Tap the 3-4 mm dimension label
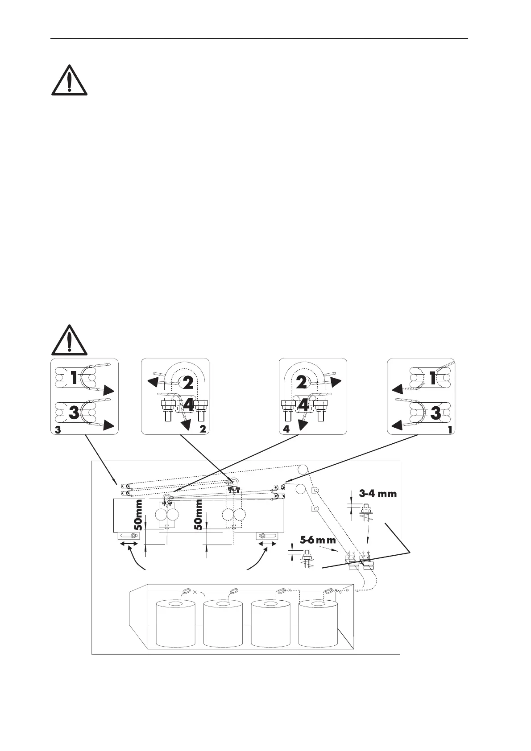coord(378,494)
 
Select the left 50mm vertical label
coord(139,514)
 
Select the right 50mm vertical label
coord(199,514)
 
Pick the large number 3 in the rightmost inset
coord(435,413)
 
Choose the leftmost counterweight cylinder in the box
coord(175,623)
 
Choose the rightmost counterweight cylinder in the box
coord(318,623)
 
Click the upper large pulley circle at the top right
coord(303,470)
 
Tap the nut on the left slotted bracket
coord(132,536)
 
